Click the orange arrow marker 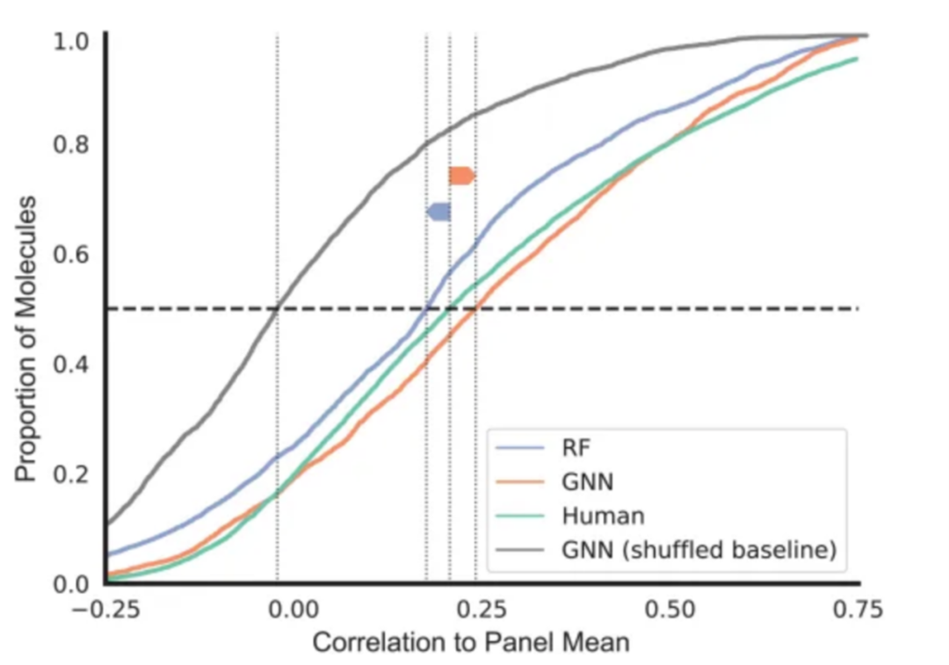coord(461,176)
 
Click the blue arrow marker coord(438,212)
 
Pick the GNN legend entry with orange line coord(586,481)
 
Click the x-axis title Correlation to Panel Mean coord(471,643)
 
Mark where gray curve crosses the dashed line coord(277,308)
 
